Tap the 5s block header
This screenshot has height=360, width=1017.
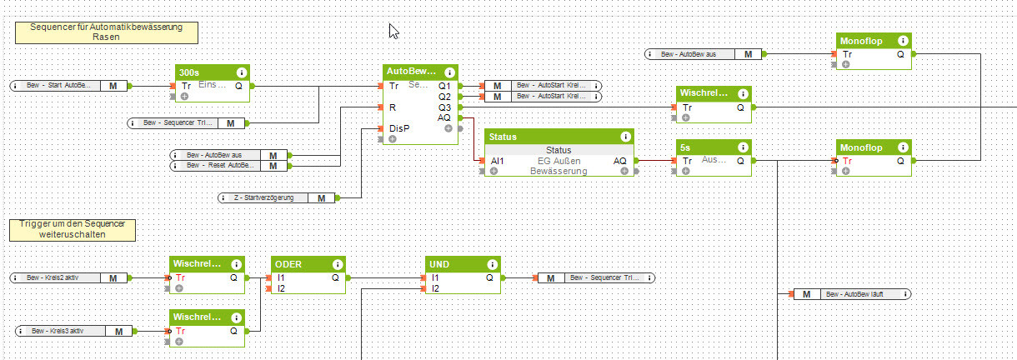point(704,147)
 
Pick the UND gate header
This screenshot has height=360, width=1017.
point(453,264)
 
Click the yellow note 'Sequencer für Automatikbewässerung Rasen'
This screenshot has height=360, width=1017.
point(107,32)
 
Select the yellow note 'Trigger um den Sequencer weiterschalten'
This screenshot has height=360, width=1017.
point(72,230)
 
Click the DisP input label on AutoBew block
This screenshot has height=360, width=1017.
point(398,128)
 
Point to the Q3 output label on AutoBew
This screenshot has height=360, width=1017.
point(444,107)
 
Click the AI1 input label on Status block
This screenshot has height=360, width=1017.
point(497,161)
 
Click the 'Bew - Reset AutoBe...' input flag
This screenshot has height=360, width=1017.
point(230,166)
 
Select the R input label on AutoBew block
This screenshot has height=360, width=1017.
point(392,107)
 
